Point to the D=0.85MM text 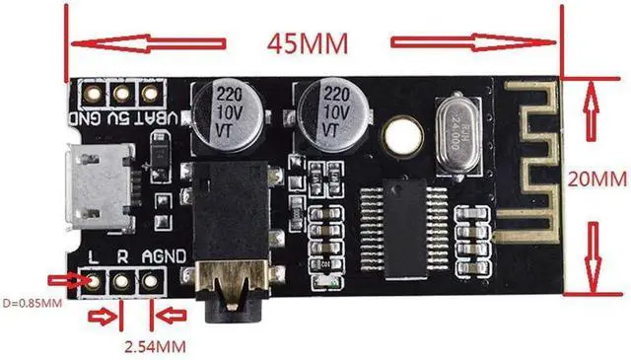tap(34, 301)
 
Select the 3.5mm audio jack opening tap(230, 296)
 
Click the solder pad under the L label tap(94, 280)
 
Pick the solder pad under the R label tap(122, 280)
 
